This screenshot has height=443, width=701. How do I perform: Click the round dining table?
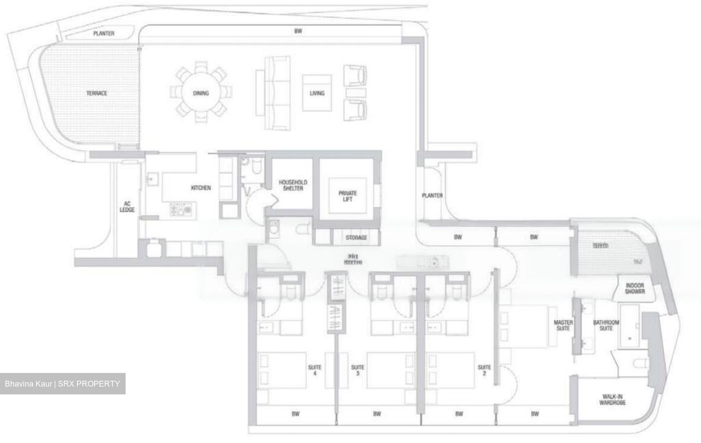coord(201,93)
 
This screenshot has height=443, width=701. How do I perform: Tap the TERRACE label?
coord(97,93)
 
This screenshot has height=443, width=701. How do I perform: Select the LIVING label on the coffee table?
coord(317,93)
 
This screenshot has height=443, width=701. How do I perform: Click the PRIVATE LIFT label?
coord(348,196)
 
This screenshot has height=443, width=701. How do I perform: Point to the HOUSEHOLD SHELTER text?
coord(293,185)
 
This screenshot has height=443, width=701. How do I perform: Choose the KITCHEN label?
coord(201,188)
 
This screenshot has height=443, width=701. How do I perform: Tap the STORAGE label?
coord(356,238)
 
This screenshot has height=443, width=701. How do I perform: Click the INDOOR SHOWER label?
coord(635,289)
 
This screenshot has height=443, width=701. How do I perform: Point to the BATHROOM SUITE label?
coord(606,325)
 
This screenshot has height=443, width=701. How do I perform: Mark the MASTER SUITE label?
coord(563,325)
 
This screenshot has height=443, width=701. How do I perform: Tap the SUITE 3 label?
coord(358,371)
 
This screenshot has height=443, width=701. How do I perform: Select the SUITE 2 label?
coord(484,371)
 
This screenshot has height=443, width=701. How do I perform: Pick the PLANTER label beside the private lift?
coord(432,195)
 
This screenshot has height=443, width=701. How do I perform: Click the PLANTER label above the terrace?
coord(104,34)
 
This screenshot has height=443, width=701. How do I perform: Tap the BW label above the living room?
coord(298,31)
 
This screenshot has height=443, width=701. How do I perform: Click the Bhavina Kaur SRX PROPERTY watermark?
coord(62,384)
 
